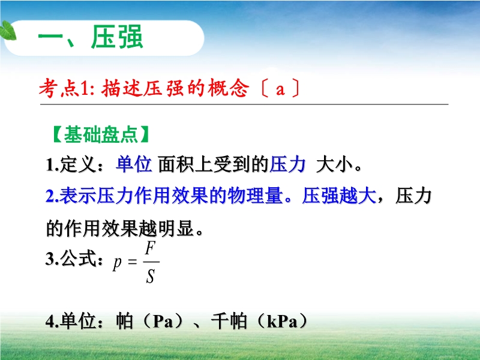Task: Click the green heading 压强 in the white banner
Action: pos(116,37)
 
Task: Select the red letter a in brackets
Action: pos(280,89)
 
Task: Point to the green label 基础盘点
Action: pos(101,134)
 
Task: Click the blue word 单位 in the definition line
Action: pos(134,164)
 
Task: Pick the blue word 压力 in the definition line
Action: pos(287,164)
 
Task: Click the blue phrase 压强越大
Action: pos(339,196)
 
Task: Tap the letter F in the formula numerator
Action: pos(151,248)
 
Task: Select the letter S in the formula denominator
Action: pos(150,276)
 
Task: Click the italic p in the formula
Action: pos(117,263)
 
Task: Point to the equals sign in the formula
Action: pos(132,262)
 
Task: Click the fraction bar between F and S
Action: pos(151,262)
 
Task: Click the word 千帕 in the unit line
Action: pos(229,321)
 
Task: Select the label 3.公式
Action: pos(73,259)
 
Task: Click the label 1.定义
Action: pos(73,164)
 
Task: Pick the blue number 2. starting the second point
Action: pos(52,196)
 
